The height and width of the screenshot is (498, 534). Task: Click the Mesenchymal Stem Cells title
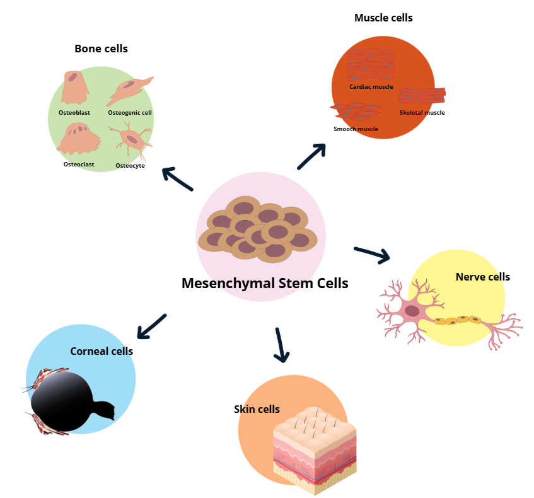point(265,283)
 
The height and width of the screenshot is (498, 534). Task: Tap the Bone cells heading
point(101,49)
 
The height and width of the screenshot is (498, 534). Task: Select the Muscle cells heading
point(383,18)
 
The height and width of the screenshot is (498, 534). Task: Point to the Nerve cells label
point(482,277)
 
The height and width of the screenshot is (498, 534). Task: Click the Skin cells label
point(257,409)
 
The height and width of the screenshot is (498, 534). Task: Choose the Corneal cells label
point(102,351)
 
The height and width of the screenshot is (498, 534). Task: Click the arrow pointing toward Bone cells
point(177,178)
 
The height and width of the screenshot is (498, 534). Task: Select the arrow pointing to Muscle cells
point(311,156)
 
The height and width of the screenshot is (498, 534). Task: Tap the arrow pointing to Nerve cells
point(373,253)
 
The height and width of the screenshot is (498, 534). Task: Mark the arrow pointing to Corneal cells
point(151,326)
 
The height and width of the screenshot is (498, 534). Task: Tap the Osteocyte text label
point(130,166)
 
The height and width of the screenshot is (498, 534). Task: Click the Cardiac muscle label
point(371,87)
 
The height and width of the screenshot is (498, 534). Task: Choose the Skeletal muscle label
point(422,113)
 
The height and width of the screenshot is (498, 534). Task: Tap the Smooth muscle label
point(356,129)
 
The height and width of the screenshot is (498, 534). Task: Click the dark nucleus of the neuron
point(412,310)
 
